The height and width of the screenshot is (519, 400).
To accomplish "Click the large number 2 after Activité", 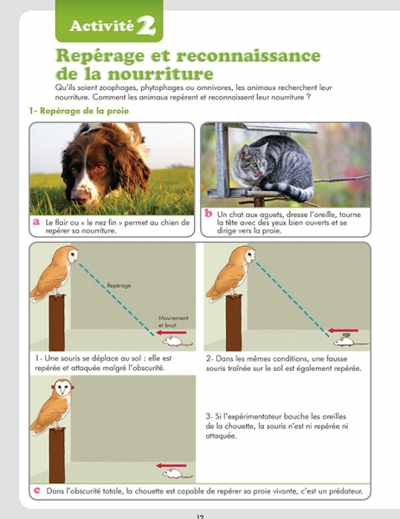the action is point(145,26).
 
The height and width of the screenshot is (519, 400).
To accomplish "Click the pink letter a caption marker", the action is point(36,221).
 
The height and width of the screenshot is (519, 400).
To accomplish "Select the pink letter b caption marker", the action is point(208,214).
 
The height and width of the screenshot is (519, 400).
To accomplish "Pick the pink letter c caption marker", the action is point(37,490).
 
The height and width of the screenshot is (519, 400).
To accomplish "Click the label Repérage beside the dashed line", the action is point(119,285).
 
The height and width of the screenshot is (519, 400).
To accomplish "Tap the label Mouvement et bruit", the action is point(173,322).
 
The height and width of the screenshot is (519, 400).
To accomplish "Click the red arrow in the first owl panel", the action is point(171,332).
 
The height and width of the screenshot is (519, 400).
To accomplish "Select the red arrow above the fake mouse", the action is point(344,330).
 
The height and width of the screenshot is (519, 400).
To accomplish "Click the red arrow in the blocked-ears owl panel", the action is point(171,465).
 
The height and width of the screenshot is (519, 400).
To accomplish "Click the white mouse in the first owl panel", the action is point(177,341).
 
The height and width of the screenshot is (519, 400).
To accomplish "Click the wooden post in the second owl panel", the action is point(234,323).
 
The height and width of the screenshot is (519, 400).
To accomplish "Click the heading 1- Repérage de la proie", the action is point(79,111).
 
